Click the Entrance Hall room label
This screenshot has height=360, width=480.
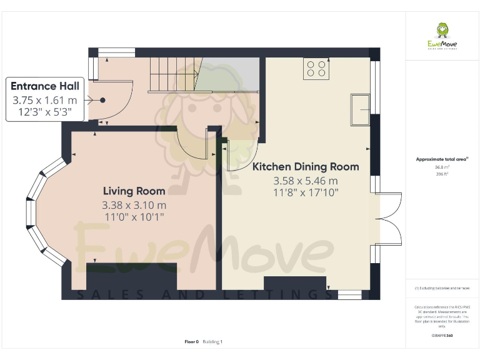point(44,86)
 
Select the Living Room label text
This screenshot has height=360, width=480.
point(134,191)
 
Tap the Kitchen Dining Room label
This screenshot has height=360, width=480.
point(305,167)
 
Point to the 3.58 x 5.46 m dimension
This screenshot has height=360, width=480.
point(305,181)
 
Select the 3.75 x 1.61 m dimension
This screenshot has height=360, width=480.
point(44,100)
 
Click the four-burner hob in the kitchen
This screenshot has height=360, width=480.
point(316,68)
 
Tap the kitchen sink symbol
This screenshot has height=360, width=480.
point(361,109)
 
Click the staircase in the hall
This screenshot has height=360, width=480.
point(172,74)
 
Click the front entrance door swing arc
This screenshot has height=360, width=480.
point(121,100)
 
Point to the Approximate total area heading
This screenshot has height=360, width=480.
point(441,160)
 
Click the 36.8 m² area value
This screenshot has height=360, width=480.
point(441,167)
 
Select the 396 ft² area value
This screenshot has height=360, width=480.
point(441,174)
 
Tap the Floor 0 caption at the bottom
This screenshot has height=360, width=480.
point(191,342)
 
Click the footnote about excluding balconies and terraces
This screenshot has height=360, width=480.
point(441,288)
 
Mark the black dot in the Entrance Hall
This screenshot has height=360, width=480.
point(102,100)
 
